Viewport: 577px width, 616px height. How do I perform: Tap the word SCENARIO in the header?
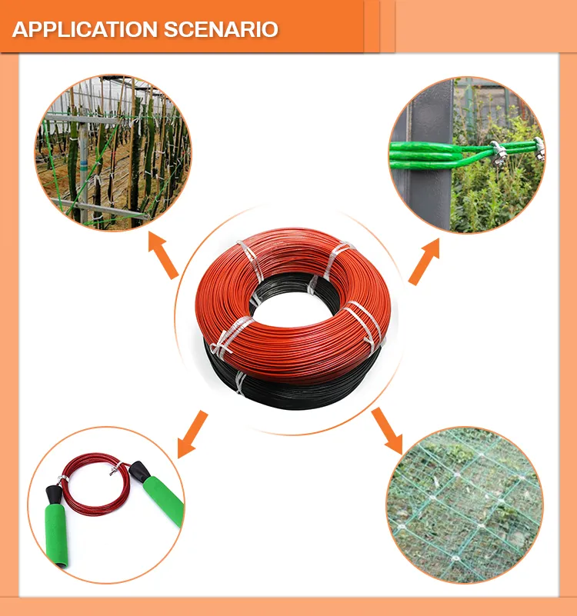pyautogui.click(x=221, y=30)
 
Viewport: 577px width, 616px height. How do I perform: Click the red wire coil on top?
pyautogui.click(x=292, y=254)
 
